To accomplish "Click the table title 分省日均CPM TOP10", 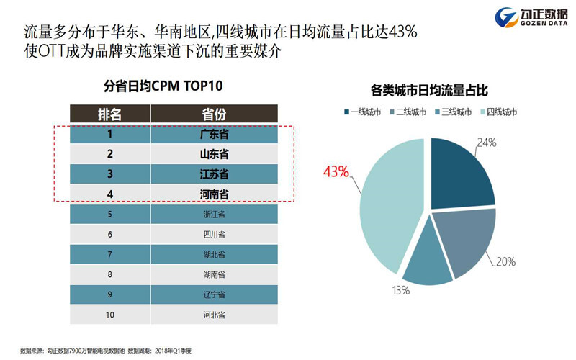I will (x=163, y=86).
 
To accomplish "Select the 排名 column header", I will (x=109, y=114).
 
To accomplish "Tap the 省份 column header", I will (x=214, y=114).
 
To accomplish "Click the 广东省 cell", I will (x=214, y=135).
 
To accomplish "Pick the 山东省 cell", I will (x=214, y=154).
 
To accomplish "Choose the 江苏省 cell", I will (x=214, y=174).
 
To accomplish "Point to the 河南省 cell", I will (x=214, y=194).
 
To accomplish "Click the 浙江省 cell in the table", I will (x=214, y=215).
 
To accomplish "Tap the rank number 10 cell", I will (x=109, y=315).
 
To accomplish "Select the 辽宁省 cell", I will (x=214, y=294).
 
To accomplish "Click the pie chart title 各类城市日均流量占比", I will (x=429, y=91).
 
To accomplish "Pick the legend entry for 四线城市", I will (x=497, y=112).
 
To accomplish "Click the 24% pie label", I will (x=487, y=143).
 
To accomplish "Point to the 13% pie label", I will (x=400, y=291).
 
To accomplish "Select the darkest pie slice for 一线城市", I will (x=461, y=173).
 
